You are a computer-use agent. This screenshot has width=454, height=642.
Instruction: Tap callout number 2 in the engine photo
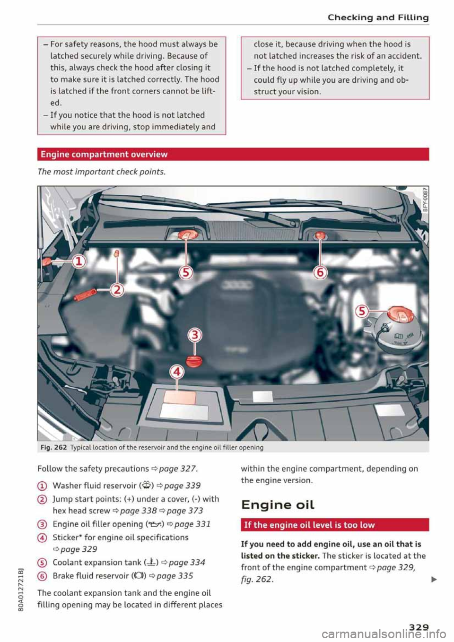[116, 289]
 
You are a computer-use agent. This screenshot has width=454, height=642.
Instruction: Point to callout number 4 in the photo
[176, 372]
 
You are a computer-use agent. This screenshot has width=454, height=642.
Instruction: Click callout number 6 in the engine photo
[320, 272]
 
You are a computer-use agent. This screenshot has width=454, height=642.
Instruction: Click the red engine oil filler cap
[194, 362]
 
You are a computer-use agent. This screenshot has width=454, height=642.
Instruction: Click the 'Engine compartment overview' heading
[104, 155]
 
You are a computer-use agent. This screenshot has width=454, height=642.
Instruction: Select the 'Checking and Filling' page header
[378, 17]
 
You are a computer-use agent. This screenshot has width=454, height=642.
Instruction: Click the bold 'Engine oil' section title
[278, 505]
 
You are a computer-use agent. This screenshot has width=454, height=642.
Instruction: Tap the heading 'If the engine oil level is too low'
[309, 525]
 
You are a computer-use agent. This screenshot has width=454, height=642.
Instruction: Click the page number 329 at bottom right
[419, 627]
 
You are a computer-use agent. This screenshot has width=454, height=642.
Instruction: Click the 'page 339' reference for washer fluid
[182, 486]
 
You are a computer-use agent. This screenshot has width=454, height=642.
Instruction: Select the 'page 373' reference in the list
[184, 511]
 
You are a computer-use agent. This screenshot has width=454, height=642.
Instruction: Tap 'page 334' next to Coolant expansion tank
[187, 563]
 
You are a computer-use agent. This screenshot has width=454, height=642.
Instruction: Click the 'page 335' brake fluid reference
[175, 576]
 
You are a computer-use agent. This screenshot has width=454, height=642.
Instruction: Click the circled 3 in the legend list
[42, 524]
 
